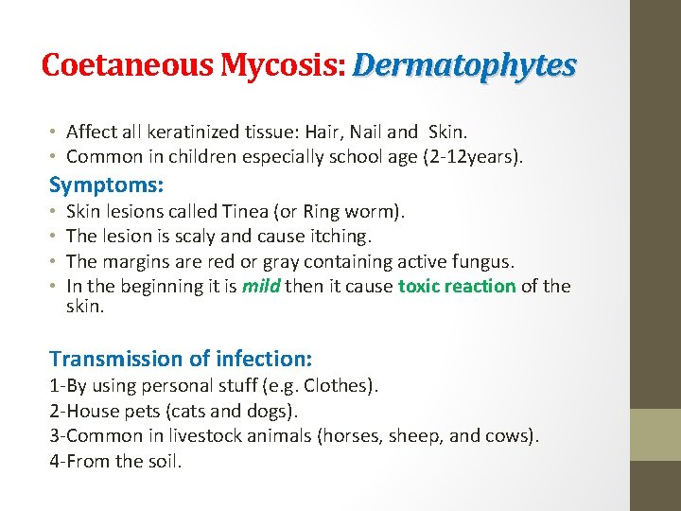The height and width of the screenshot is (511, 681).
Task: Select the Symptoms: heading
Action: point(106,184)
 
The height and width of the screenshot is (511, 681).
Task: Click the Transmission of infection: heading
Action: point(181,359)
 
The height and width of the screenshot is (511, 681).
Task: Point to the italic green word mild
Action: point(261,286)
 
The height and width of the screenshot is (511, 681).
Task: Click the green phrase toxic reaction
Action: point(457,286)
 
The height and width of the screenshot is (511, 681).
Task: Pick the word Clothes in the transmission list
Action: point(336,386)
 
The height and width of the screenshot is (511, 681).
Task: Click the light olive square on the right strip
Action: point(655,434)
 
